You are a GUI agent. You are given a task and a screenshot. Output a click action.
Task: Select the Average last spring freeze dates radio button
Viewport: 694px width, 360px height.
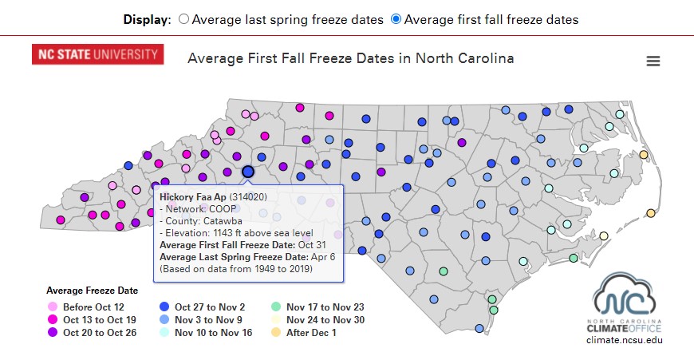[x=184, y=19]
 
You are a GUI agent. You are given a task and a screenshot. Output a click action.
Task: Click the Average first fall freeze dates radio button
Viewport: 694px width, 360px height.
[x=396, y=19]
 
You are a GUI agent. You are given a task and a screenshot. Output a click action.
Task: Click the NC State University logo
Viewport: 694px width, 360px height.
[x=98, y=54]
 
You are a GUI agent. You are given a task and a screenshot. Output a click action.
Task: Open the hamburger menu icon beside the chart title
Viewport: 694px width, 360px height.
[x=653, y=61]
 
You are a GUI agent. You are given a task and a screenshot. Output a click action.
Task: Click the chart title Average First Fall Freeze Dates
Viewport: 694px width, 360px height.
[x=350, y=58]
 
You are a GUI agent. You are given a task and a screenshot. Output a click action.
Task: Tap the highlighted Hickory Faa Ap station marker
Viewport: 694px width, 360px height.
[x=248, y=172]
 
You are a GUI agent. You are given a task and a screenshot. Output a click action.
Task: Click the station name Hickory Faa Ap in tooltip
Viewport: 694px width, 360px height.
[x=193, y=196]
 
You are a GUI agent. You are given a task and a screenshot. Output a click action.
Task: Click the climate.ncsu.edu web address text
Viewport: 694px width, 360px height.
[x=624, y=340]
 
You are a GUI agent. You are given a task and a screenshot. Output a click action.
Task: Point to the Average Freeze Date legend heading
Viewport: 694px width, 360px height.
[x=92, y=291]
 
